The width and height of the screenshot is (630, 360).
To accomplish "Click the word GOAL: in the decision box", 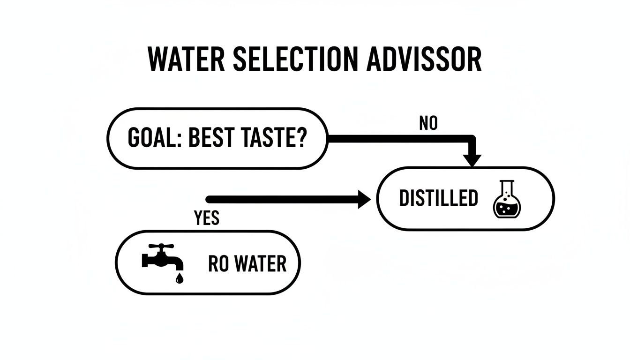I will click(153, 139).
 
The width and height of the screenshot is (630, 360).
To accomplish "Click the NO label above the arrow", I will click(427, 124).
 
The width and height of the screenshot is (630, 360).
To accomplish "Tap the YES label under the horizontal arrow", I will click(206, 217).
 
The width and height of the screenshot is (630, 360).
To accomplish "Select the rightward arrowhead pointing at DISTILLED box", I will click(365, 199).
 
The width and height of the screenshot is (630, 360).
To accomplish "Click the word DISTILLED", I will click(438, 199).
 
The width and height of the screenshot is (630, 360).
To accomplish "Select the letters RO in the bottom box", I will click(217, 264).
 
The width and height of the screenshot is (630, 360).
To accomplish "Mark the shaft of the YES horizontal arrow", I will click(281, 199).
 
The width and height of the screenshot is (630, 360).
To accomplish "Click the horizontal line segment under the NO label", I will click(398, 139).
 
